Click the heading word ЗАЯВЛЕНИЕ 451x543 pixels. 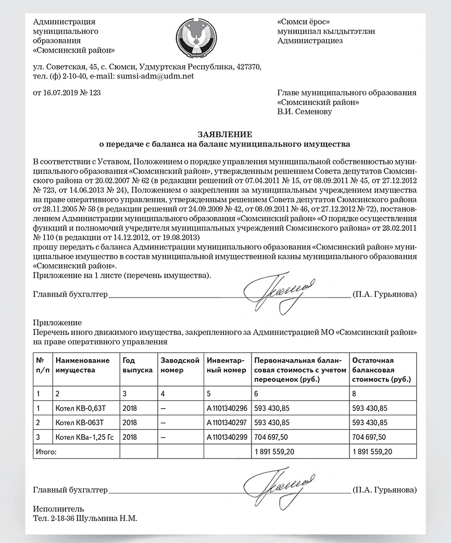click(225, 134)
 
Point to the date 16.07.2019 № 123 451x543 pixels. click(67, 93)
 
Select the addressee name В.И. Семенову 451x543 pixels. click(305, 111)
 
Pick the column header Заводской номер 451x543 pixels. click(180, 365)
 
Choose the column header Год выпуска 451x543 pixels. click(137, 365)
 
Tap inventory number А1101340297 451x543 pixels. click(227, 422)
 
